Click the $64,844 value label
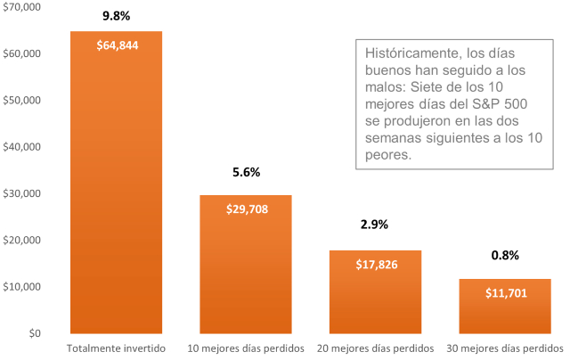tap(117, 45)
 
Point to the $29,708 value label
tap(246, 209)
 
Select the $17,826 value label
tap(375, 265)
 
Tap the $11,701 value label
tap(505, 292)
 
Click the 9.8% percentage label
tap(117, 16)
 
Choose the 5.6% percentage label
tap(246, 172)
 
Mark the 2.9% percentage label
tap(375, 225)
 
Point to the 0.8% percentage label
tap(505, 256)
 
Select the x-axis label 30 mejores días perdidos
tap(504, 348)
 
